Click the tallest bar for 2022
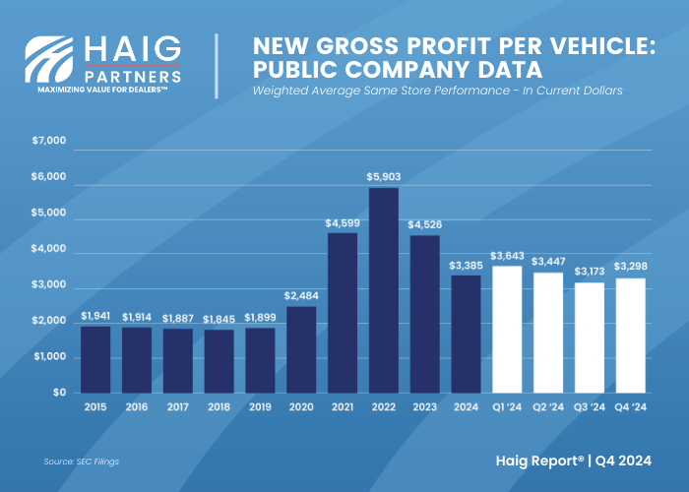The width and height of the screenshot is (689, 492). click(x=384, y=290)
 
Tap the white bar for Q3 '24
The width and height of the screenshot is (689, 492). click(x=590, y=338)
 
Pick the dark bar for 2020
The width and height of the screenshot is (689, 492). click(x=301, y=349)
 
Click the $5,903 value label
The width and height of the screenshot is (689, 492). click(x=384, y=177)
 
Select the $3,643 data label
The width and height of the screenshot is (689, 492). click(x=507, y=258)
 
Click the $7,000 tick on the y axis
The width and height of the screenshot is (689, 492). click(x=49, y=142)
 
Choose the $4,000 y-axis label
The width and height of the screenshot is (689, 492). click(x=49, y=250)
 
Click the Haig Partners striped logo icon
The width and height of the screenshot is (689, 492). click(x=49, y=59)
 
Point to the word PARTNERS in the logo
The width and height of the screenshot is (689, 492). click(x=132, y=75)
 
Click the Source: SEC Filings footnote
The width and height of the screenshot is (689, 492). click(x=83, y=461)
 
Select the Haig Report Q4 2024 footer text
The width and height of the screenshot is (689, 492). click(x=587, y=460)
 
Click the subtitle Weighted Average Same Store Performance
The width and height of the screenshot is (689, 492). click(x=438, y=91)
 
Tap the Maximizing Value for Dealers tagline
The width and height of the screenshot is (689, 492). click(x=103, y=90)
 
